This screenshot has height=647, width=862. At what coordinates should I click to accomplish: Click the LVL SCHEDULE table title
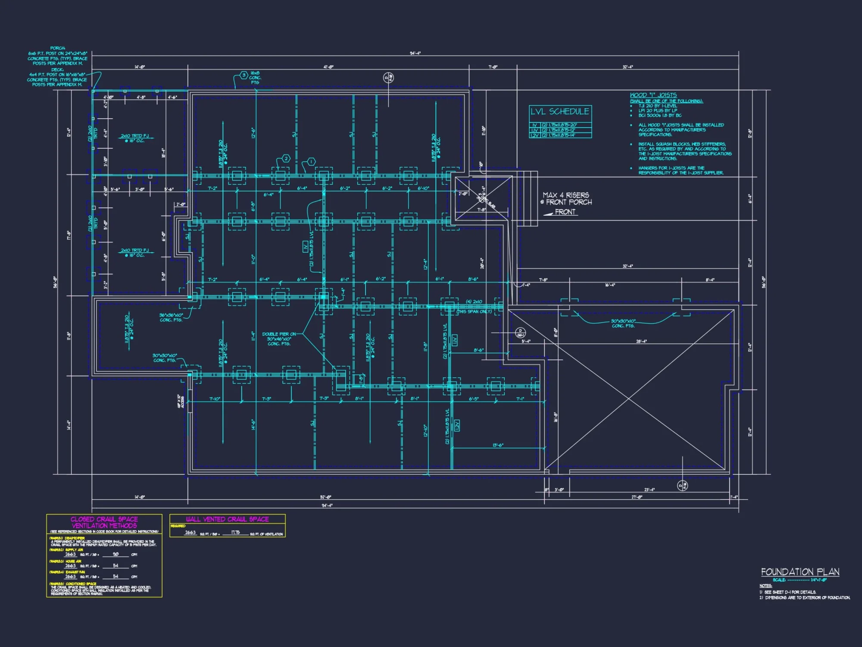click(560, 112)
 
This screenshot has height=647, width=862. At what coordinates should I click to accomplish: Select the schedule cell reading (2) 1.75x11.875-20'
click(559, 125)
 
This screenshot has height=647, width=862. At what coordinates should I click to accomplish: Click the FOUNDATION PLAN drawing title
click(800, 572)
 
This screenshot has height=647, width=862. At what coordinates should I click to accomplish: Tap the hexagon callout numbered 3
click(244, 75)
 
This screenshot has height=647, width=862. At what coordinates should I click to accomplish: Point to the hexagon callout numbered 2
click(286, 159)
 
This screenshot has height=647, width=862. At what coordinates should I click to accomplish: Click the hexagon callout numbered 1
click(311, 162)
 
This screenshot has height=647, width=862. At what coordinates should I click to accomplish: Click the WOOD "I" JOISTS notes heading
click(653, 95)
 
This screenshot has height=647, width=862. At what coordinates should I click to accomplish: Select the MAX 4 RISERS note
click(566, 195)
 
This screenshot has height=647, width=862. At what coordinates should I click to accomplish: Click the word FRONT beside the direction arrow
click(565, 212)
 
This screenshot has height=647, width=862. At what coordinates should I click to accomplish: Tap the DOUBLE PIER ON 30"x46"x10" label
click(279, 339)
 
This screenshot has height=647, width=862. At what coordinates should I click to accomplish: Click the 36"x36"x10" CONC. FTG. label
click(171, 317)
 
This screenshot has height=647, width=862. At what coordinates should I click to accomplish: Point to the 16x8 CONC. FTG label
click(255, 78)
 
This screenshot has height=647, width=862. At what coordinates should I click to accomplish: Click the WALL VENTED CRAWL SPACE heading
click(227, 519)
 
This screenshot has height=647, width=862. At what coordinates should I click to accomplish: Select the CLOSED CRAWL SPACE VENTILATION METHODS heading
click(104, 522)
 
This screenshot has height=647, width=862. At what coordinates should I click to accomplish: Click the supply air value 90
click(116, 554)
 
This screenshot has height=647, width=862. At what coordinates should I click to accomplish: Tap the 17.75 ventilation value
click(235, 532)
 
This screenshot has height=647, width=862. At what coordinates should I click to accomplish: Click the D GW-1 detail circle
click(520, 333)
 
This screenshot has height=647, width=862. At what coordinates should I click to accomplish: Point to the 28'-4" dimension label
click(641, 341)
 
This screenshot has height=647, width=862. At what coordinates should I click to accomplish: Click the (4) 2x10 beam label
click(474, 302)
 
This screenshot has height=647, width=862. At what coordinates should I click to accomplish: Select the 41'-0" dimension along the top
click(328, 67)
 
